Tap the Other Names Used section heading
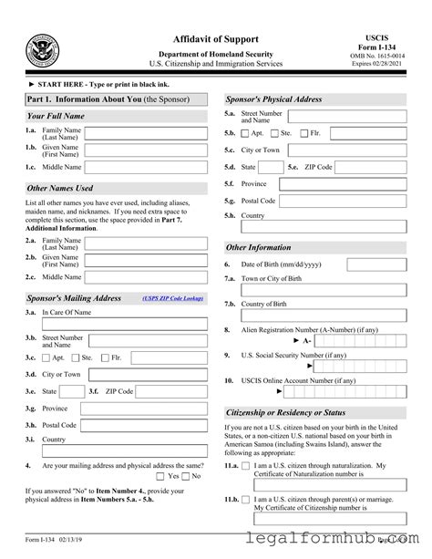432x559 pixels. point(60,188)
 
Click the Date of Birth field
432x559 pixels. point(378,264)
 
